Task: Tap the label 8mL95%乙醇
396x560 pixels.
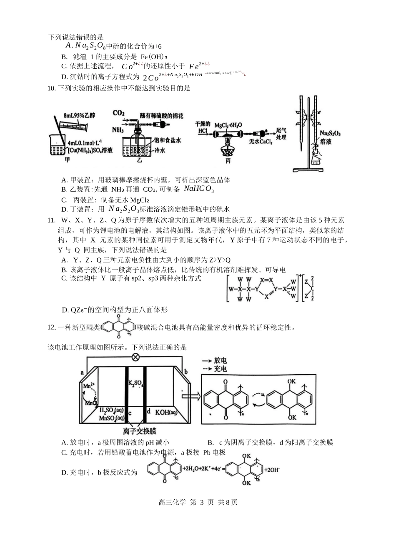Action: coord(79,115)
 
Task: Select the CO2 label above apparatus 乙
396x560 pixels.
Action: coord(119,113)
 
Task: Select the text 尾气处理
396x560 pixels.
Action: coord(281,134)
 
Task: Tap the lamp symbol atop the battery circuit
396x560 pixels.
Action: coord(135,357)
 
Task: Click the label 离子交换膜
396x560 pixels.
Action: coord(139,431)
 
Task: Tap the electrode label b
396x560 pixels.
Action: coord(186,371)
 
